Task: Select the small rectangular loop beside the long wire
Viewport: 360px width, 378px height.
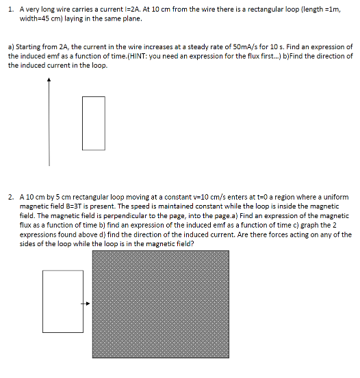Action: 94,123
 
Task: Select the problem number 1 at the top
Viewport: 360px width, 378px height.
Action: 10,8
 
